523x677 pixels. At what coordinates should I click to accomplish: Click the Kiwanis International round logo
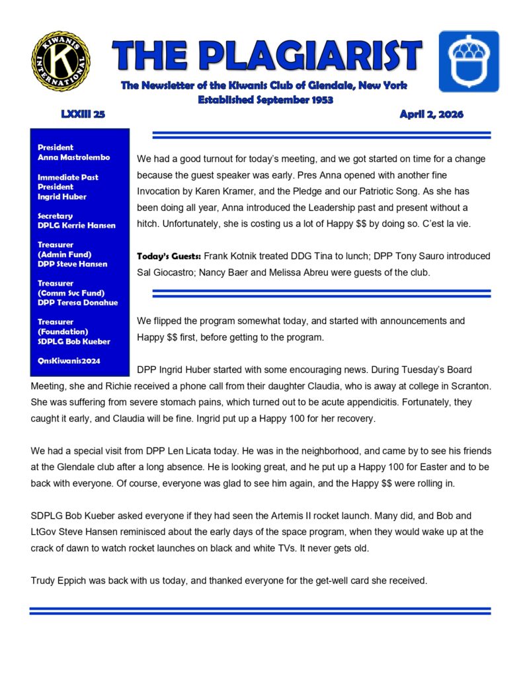pyautogui.click(x=60, y=61)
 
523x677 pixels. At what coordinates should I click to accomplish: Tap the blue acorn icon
pyautogui.click(x=469, y=60)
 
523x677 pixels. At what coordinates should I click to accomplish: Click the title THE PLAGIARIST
pyautogui.click(x=266, y=56)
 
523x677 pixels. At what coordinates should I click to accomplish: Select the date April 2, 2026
pyautogui.click(x=431, y=114)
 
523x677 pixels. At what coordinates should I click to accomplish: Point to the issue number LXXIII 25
pyautogui.click(x=83, y=114)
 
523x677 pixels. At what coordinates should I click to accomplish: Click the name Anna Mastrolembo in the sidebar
pyautogui.click(x=73, y=157)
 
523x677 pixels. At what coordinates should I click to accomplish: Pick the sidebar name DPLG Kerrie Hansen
pyautogui.click(x=76, y=225)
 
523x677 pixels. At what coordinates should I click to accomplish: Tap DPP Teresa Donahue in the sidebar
pyautogui.click(x=77, y=303)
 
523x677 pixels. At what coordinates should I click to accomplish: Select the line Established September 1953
pyautogui.click(x=264, y=100)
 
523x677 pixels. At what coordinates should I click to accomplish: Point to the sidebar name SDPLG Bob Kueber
pyautogui.click(x=73, y=341)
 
